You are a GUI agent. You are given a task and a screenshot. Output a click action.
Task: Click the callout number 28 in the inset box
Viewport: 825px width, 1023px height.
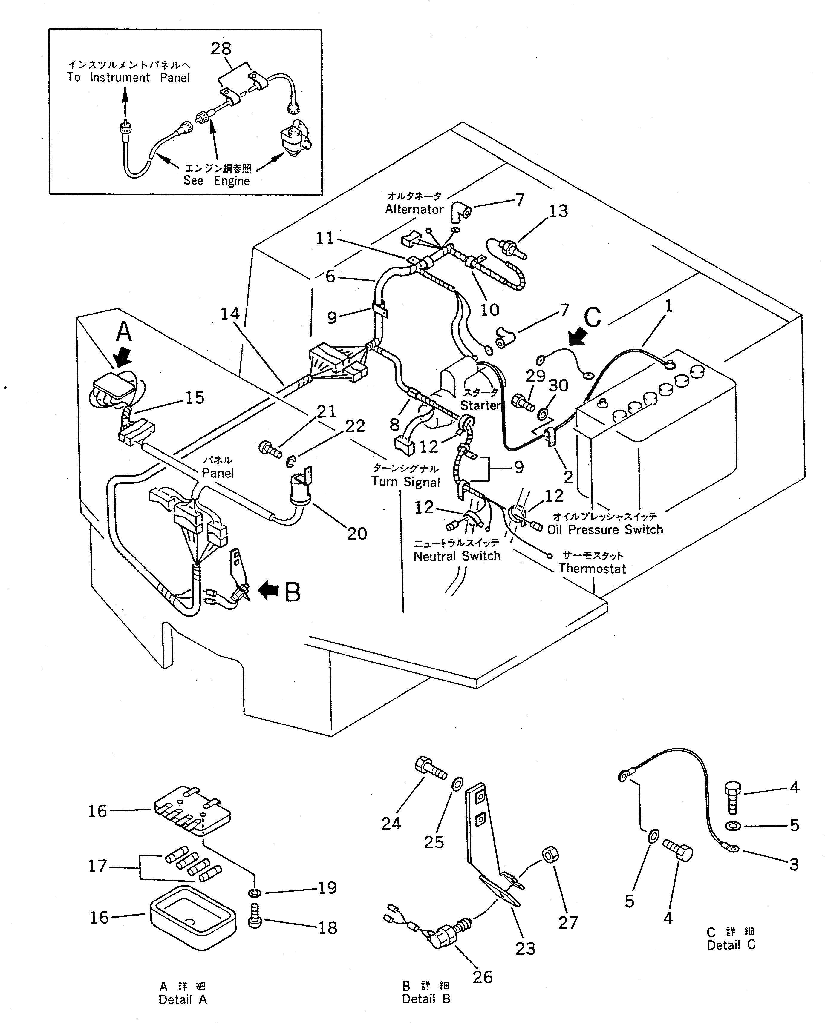click(x=221, y=48)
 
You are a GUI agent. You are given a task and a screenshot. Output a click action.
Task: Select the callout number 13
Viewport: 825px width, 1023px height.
click(x=558, y=211)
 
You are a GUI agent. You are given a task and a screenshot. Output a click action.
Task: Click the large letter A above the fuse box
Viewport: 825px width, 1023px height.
click(x=124, y=331)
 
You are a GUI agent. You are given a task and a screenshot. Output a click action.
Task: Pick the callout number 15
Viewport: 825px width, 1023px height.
click(x=194, y=397)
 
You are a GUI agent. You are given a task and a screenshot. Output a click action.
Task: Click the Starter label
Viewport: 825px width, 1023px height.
click(x=480, y=405)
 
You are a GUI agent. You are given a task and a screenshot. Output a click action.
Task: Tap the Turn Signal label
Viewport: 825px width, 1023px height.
click(x=405, y=482)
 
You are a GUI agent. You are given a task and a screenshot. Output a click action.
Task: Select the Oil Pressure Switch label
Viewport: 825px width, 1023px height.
click(x=605, y=529)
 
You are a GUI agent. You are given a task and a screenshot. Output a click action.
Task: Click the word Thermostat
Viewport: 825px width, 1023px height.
click(x=592, y=569)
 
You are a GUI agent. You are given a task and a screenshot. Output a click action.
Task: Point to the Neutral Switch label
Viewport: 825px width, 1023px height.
click(x=457, y=556)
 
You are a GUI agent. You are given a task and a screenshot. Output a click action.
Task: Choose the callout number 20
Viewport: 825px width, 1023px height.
click(x=357, y=534)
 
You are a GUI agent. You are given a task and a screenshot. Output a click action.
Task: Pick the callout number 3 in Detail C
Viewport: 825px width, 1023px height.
click(x=794, y=864)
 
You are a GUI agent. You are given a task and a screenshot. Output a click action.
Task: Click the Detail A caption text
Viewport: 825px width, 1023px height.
click(x=183, y=999)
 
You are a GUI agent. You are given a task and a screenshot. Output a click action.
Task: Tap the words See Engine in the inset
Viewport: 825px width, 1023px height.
click(x=217, y=181)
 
